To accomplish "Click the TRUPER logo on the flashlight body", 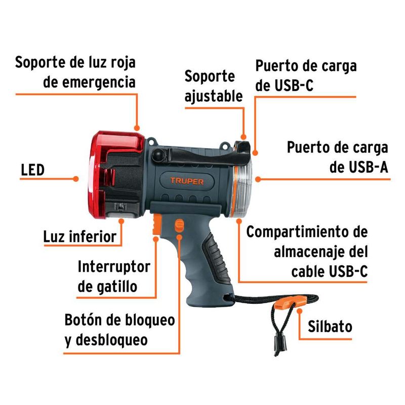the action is point(187,181).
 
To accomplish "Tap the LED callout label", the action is point(32,170).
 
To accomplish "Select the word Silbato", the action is point(330,327).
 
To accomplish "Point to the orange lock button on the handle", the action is point(179,225).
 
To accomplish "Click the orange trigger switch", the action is point(156,224).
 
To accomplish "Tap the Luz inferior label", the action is point(80,236).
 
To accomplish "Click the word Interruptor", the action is point(114,267).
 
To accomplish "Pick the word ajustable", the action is point(214,96).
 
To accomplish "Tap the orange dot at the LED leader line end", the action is point(75,179).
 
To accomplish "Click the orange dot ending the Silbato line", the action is point(300,311).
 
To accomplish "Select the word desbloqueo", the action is point(111,340).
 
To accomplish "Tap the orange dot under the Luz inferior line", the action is point(121,221).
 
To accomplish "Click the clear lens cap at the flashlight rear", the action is point(242,188).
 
